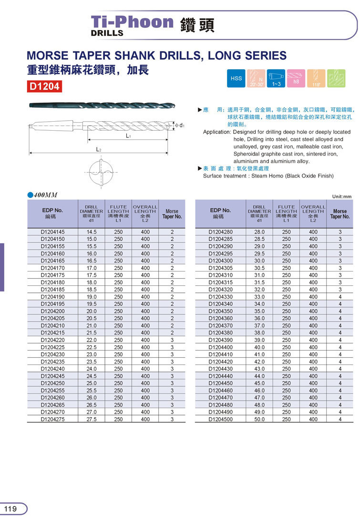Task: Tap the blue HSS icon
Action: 237,78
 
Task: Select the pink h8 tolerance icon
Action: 296,78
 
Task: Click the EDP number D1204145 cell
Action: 52,232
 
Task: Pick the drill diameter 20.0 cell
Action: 92,311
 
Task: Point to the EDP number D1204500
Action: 221,419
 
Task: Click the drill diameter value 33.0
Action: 259,297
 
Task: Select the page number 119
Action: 10,509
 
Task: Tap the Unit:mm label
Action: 341,196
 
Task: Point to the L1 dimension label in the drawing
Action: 128,136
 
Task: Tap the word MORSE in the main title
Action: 45,55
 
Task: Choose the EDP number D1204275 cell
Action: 52,419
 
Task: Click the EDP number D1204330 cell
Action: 221,297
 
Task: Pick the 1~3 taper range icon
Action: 276,78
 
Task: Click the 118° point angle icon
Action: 315,78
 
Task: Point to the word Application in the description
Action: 217,132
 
